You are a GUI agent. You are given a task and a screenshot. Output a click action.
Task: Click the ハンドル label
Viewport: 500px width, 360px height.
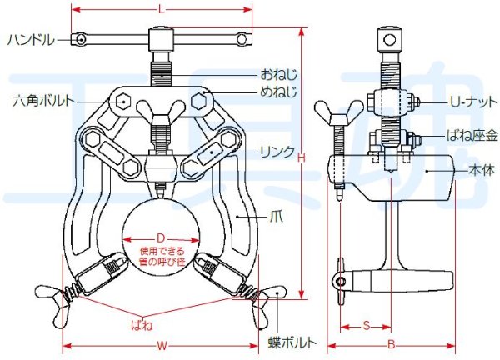point(31,41)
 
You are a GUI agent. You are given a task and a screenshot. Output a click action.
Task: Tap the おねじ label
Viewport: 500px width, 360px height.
point(278,75)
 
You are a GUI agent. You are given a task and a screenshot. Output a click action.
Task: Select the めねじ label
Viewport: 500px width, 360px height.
point(278,92)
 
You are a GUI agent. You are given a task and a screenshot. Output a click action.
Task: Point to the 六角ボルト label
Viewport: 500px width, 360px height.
point(43,101)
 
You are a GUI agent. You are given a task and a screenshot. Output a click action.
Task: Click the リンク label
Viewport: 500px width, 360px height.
point(277,152)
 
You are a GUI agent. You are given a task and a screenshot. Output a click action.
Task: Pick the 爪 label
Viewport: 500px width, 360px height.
point(276,217)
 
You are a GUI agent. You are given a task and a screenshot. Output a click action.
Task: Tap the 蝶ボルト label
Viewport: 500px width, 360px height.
point(292,342)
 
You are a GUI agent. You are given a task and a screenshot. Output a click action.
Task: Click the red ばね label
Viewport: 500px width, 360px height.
point(142,325)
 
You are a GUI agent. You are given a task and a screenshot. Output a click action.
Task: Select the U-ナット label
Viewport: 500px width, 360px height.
point(473,102)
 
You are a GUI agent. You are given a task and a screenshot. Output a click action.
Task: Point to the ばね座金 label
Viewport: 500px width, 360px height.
point(472,136)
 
